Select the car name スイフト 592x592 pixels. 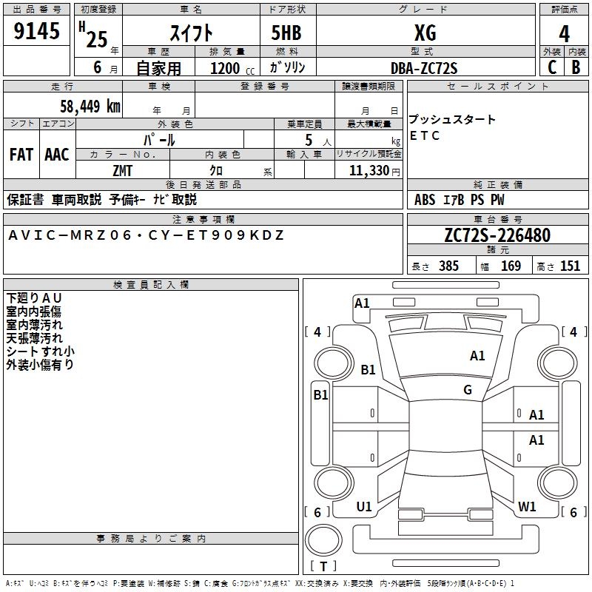(192, 33)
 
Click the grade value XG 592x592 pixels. (425, 33)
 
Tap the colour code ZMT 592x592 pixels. (122, 170)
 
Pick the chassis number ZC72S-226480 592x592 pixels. (497, 235)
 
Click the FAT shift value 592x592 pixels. (21, 155)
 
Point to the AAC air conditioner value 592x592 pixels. (57, 155)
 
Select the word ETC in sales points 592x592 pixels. (425, 135)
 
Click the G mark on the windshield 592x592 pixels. (468, 389)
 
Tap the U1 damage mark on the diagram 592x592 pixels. (364, 507)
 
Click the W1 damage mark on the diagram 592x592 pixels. (527, 507)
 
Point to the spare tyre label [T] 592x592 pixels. (323, 567)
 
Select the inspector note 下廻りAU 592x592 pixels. (35, 298)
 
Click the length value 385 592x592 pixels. (448, 266)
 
